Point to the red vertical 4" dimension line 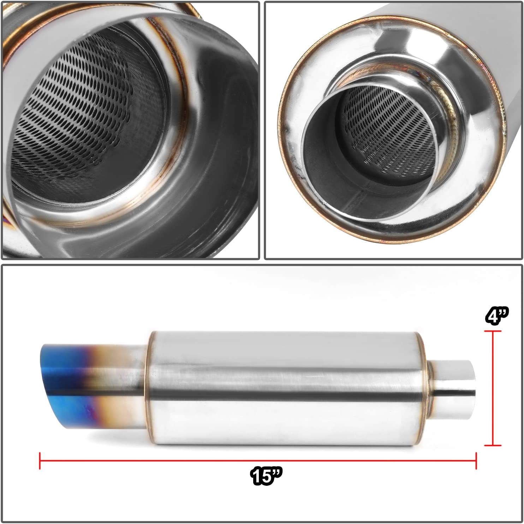(493, 388)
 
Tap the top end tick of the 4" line (493, 331)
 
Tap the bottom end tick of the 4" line (493, 445)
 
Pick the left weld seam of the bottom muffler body (149, 388)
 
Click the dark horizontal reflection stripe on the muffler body (282, 392)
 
